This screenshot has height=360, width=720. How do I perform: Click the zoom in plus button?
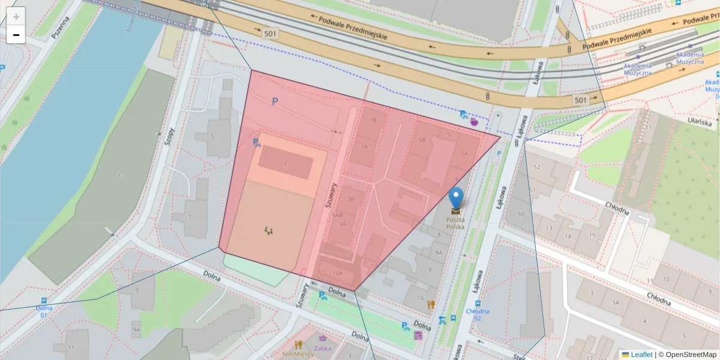point(16,16)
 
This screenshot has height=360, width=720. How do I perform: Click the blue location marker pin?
point(457,197)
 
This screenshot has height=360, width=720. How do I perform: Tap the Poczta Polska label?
point(455,223)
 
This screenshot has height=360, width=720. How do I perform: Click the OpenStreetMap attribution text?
point(688,355)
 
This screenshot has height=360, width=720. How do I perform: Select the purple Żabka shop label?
point(323,347)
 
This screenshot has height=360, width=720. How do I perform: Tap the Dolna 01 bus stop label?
point(44,311)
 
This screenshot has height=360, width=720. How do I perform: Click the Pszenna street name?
point(60,27)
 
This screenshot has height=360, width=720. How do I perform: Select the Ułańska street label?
point(699,121)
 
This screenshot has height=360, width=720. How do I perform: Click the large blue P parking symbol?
point(275,102)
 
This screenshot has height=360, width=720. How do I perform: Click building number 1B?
point(373,120)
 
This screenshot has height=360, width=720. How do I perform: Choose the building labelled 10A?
point(337,273)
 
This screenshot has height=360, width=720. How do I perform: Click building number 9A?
point(136,329)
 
